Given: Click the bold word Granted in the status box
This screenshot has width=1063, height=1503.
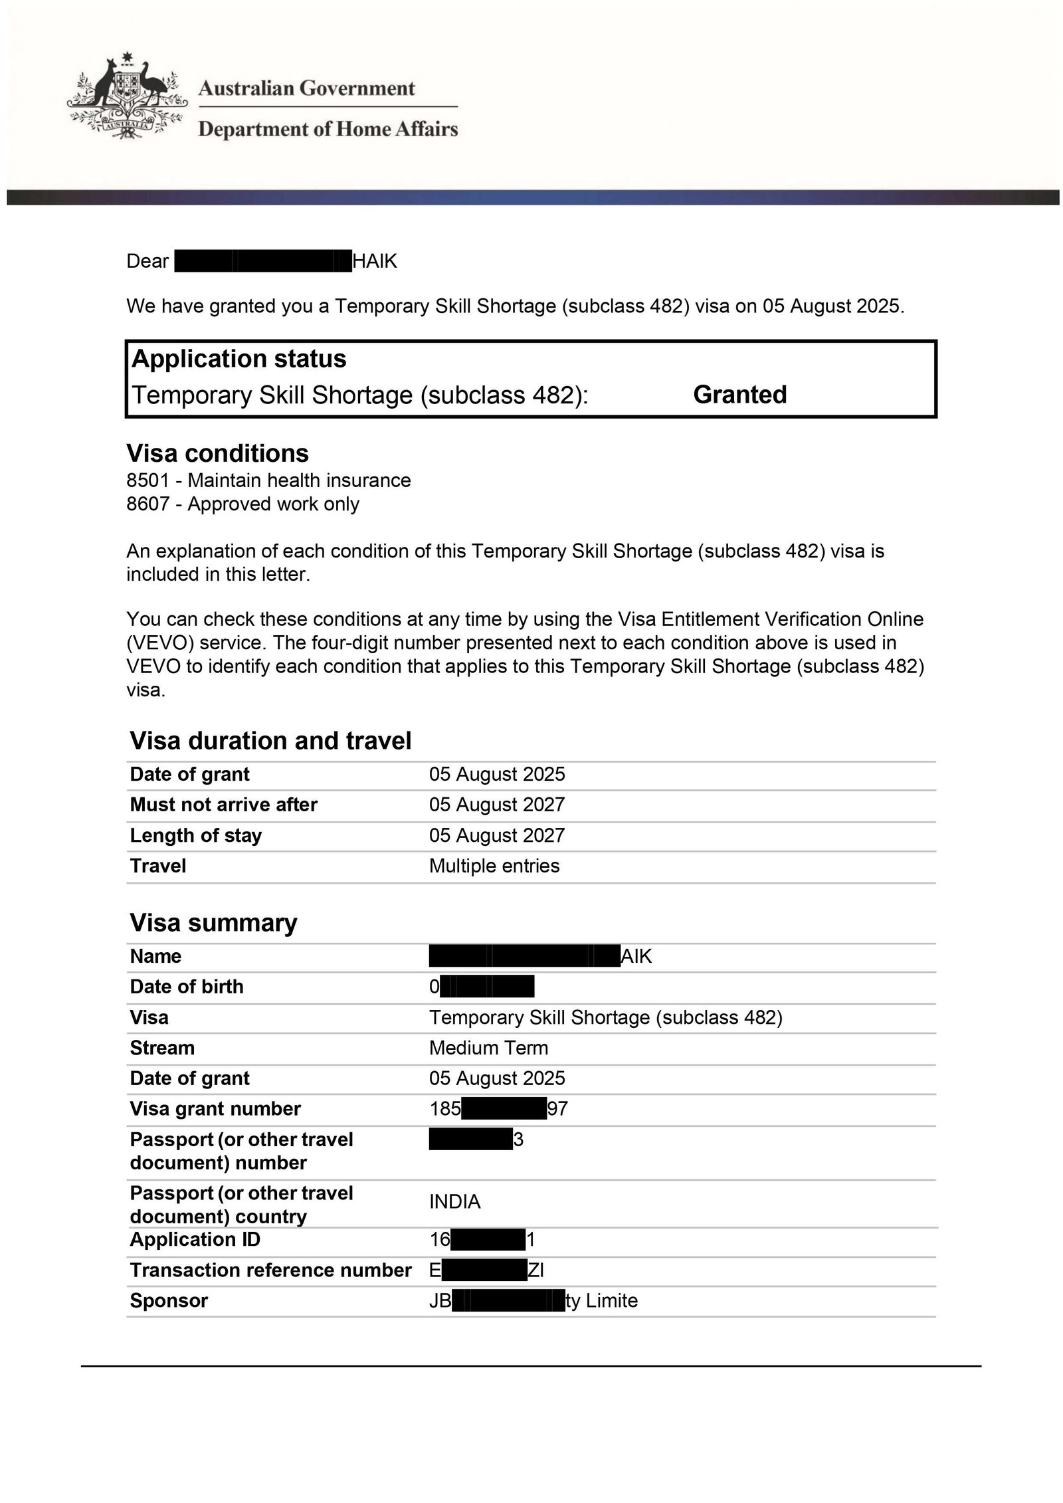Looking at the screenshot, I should pos(739,395).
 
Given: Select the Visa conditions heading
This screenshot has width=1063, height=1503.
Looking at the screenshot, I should pos(217,453).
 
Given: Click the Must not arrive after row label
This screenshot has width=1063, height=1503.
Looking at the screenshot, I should pos(223,805).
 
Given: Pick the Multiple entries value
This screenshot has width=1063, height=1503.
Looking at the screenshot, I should pos(494,866).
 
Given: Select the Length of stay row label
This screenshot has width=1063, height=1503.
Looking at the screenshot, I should pos(195,835).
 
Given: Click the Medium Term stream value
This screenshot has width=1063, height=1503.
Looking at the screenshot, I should pos(488,1048).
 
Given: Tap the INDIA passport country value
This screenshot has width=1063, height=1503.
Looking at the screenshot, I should pos(454,1201).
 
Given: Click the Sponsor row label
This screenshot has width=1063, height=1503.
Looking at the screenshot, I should pos(169,1300).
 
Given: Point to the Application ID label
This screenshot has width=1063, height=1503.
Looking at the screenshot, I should pos(195,1239).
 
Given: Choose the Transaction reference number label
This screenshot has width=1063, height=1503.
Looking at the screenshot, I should pos(270,1270).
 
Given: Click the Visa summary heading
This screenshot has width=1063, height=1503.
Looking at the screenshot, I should pos(213,923).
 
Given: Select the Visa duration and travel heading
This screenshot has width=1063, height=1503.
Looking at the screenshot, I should pos(270,741).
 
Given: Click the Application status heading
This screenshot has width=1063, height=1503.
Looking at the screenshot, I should pos(239,359).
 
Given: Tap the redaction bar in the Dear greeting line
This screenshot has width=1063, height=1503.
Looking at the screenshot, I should pos(262,261).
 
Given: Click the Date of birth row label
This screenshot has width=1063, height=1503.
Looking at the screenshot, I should pos(187,987).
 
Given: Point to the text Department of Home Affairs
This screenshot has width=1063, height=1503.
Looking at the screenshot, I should pos(328,129).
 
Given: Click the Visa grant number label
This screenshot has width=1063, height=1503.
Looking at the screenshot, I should pos(215,1109).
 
